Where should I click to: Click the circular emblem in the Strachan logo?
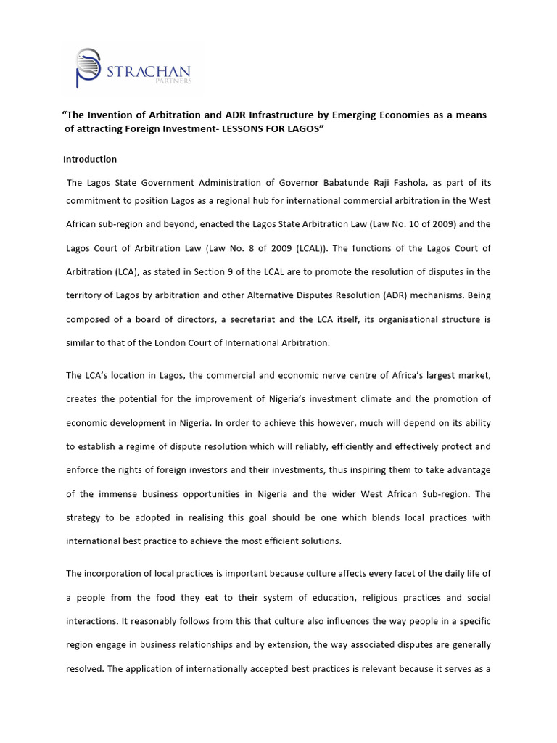(x=88, y=67)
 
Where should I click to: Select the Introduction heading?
(x=90, y=159)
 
